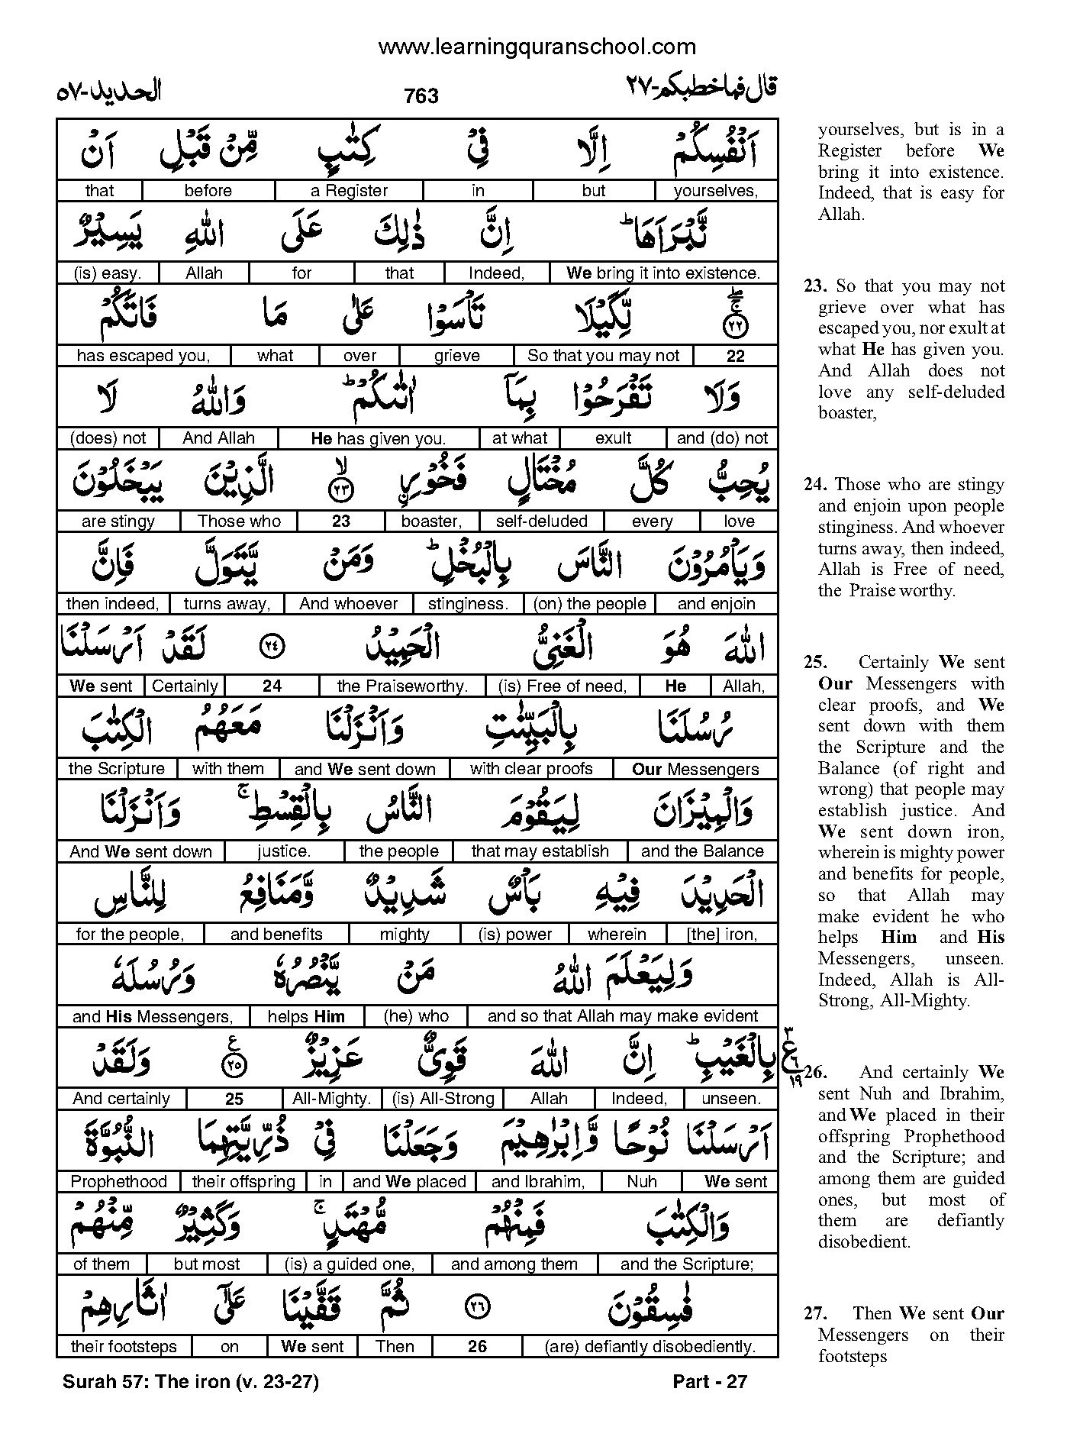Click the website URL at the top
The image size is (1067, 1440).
537,47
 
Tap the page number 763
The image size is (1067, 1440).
421,96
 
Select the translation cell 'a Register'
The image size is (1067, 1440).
350,191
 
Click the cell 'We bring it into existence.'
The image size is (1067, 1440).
662,273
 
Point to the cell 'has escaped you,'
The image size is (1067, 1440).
143,356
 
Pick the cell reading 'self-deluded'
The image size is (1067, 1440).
541,521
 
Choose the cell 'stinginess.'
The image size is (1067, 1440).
468,604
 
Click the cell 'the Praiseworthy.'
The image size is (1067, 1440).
402,686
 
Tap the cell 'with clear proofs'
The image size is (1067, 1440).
531,769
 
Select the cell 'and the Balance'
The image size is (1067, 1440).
702,851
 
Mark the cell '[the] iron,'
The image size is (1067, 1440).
721,935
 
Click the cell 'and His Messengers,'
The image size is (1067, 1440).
153,1017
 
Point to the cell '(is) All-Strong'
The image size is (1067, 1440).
443,1099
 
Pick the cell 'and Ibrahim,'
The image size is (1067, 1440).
538,1182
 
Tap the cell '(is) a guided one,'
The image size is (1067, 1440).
349,1264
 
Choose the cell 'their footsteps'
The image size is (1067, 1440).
123,1347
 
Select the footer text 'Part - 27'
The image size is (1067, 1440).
709,1381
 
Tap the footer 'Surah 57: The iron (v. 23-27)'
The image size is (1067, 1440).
191,1381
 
